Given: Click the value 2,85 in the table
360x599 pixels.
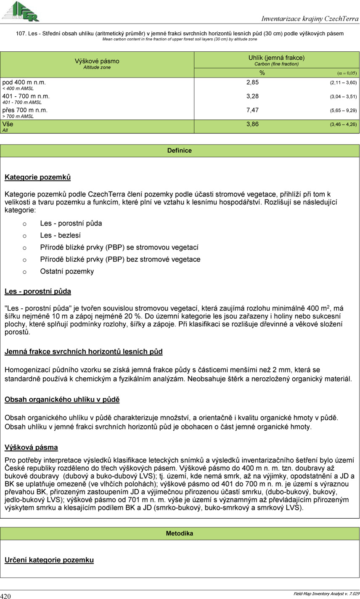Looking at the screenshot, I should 252,82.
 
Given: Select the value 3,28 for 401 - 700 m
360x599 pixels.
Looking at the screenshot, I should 252,96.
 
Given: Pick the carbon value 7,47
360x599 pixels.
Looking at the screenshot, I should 252,110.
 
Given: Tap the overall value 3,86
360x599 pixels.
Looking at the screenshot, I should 252,125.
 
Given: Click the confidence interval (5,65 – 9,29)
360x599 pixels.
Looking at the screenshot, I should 343,111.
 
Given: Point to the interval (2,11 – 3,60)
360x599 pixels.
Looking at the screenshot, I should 343,83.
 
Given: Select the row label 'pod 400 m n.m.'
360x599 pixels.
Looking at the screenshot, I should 24,82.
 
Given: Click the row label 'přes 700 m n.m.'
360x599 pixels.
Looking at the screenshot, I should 26,110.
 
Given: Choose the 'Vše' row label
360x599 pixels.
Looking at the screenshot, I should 8,125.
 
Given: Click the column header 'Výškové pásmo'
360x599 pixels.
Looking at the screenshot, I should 97,61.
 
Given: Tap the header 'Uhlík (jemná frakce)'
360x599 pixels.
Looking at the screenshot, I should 276,58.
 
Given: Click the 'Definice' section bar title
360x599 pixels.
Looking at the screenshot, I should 180,151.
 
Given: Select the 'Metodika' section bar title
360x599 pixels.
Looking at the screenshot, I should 180,533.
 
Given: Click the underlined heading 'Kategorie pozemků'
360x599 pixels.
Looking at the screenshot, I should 37,178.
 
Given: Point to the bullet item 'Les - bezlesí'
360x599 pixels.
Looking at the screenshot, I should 60,236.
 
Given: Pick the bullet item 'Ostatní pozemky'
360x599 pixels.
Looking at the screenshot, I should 67,271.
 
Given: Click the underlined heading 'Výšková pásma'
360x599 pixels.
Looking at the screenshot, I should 31,448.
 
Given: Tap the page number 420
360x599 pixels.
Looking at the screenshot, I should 6,596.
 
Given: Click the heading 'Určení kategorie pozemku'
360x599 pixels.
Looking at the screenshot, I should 49,560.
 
